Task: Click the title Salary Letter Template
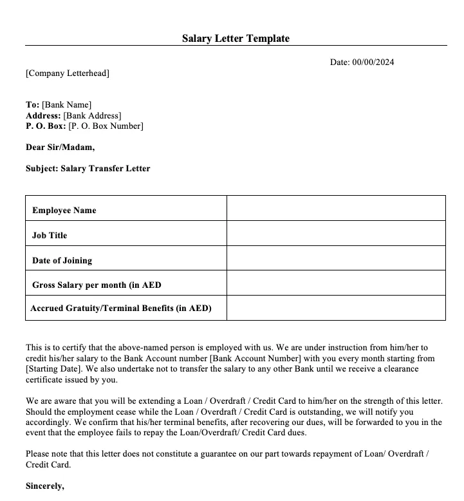[x=236, y=39]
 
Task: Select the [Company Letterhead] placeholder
[x=68, y=73]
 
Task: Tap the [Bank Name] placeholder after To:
[x=67, y=105]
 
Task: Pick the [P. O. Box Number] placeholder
[x=106, y=126]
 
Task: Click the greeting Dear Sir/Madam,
[x=60, y=147]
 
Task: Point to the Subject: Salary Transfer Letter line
[x=88, y=169]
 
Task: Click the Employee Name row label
[x=64, y=211]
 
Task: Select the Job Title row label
[x=50, y=236]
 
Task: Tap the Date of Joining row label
[x=62, y=261]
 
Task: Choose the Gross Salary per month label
[x=97, y=285]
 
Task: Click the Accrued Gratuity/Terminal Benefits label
[x=121, y=308]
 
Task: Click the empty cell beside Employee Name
[x=335, y=208]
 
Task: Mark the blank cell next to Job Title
[x=335, y=233]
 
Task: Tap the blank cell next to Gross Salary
[x=335, y=283]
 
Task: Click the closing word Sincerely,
[x=45, y=486]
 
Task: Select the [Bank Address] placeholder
[x=92, y=116]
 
